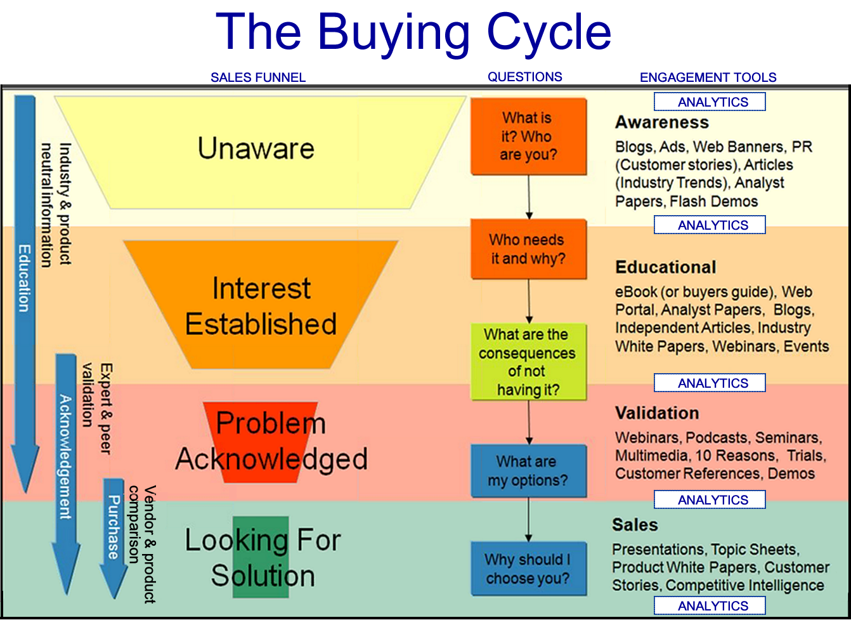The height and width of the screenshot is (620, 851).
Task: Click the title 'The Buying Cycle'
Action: [413, 32]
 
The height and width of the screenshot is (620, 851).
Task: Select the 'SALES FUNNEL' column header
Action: [258, 77]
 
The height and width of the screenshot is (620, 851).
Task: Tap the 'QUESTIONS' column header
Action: [524, 77]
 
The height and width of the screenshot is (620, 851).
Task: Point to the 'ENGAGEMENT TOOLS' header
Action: [708, 77]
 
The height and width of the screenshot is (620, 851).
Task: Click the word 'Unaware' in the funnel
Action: [256, 148]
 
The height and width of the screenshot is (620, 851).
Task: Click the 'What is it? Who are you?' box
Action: [528, 136]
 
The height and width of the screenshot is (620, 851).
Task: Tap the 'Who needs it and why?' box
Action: [528, 249]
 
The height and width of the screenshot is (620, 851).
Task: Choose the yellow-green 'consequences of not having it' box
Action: [528, 362]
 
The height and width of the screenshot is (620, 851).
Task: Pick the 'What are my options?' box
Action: [528, 470]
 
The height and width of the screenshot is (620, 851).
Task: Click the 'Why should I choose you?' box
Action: [528, 569]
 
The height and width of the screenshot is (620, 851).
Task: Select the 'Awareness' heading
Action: [661, 122]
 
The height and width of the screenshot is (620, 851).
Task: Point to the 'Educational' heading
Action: [665, 267]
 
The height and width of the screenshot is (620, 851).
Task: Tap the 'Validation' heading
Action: [657, 413]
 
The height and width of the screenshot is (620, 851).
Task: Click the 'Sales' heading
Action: [635, 525]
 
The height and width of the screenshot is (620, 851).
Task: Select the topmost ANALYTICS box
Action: [710, 102]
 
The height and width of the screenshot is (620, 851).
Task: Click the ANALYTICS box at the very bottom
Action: [710, 606]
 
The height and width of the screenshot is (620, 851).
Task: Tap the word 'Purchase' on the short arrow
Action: [114, 527]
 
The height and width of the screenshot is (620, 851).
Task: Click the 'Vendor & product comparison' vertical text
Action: [142, 544]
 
